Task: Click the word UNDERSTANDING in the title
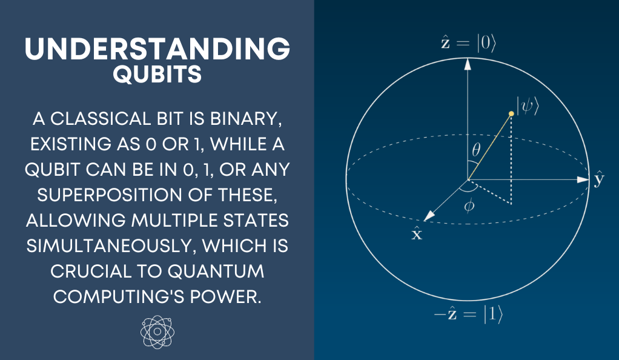tap(157, 48)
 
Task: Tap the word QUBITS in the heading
tap(157, 74)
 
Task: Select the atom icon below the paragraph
tap(157, 332)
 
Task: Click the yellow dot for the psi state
tap(511, 114)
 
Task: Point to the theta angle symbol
tap(477, 150)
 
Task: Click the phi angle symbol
tap(469, 206)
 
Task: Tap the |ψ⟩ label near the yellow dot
tap(528, 106)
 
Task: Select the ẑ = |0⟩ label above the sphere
tap(468, 42)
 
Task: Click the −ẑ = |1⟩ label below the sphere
tap(468, 315)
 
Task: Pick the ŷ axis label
tap(599, 179)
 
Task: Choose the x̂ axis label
tap(417, 233)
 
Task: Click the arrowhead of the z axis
tap(468, 64)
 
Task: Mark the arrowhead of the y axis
tap(583, 180)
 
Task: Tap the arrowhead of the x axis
tap(429, 216)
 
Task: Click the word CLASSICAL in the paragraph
tap(101, 119)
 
